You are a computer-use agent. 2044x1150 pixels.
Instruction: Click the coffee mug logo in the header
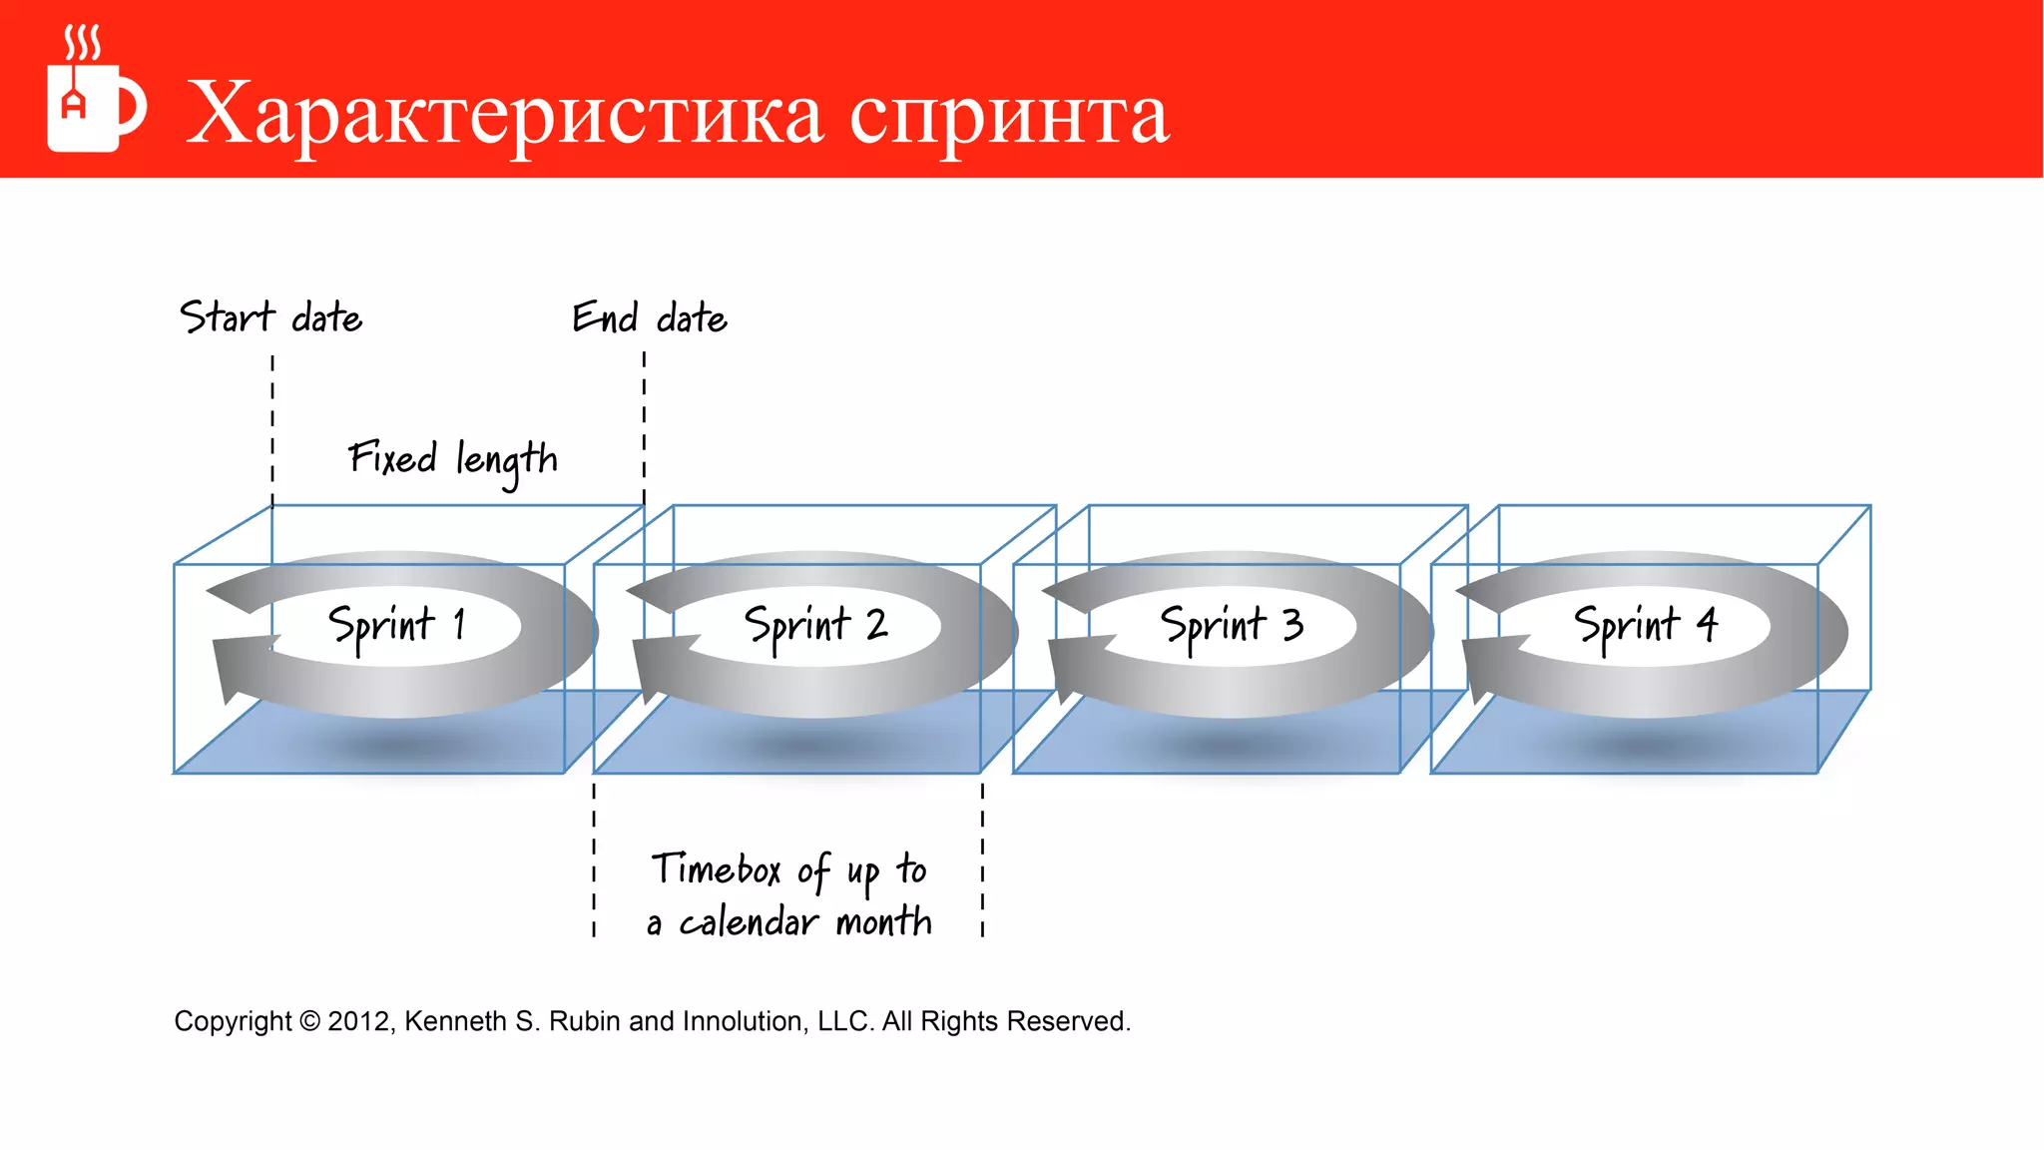coord(95,106)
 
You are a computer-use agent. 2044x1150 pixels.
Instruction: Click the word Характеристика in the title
coord(504,115)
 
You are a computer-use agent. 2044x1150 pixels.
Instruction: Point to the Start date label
coord(270,317)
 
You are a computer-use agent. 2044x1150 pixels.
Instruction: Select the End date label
coord(650,317)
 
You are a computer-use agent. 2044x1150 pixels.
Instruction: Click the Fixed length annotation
coord(452,460)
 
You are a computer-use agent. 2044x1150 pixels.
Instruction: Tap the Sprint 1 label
coord(397,626)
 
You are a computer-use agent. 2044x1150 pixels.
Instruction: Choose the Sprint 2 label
coord(815,626)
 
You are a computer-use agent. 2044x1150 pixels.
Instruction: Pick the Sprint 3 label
coord(1232,626)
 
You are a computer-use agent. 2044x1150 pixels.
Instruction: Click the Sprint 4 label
coord(1646,626)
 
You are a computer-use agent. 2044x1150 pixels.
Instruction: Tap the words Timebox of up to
coord(789,870)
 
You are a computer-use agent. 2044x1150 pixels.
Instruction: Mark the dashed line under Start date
coord(272,429)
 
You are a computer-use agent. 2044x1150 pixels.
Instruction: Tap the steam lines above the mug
coord(83,43)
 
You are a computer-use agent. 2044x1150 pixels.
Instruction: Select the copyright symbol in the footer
coord(309,1021)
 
